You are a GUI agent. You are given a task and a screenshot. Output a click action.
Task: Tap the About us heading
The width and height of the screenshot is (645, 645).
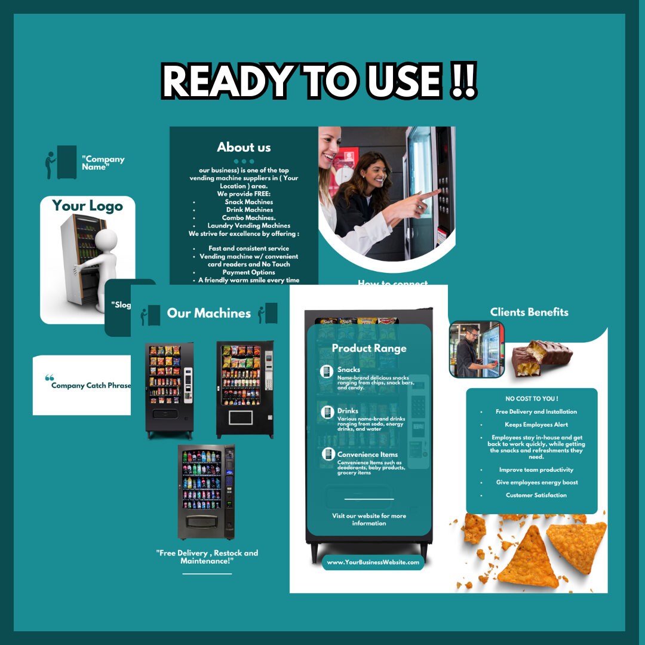tap(244, 148)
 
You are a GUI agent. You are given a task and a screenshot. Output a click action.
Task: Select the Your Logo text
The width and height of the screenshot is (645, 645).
tap(87, 206)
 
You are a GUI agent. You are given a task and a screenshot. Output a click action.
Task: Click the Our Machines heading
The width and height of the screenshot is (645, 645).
tap(208, 314)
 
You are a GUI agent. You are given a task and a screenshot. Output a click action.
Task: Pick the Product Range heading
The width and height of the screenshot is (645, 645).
tap(368, 348)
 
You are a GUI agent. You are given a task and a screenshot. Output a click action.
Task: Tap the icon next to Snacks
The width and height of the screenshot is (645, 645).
tap(327, 371)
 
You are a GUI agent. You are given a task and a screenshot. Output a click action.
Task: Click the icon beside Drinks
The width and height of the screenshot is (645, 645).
tap(327, 412)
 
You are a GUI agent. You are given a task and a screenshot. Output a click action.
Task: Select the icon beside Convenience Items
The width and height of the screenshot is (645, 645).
tap(327, 454)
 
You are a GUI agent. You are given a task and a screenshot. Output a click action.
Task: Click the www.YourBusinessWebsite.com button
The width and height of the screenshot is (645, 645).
tap(373, 562)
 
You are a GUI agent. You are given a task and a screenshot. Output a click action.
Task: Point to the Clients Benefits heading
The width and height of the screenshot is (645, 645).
tap(529, 312)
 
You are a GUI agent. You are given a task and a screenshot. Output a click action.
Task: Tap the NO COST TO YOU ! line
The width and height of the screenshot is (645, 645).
tap(532, 398)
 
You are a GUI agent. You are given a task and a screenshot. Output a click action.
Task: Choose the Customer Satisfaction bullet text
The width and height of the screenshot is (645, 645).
tap(536, 495)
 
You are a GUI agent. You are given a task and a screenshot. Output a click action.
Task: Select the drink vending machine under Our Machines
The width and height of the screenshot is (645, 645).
tap(206, 491)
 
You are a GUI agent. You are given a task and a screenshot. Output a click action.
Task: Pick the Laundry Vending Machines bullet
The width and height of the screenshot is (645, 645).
tap(249, 226)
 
